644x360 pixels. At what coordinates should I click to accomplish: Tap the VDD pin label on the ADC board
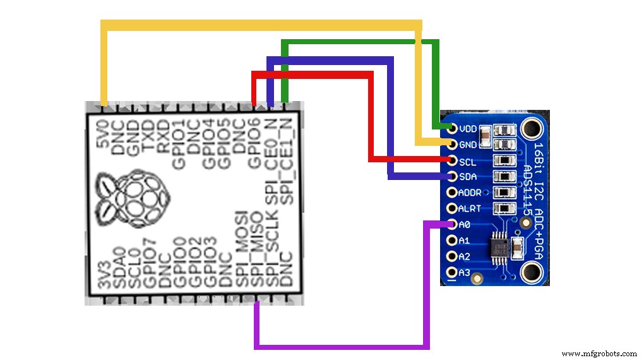468,129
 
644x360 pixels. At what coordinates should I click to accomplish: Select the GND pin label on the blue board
468,145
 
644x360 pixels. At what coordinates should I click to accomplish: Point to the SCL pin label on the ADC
468,161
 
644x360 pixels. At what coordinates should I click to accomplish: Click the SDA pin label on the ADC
468,177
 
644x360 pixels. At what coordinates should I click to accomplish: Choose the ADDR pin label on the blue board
470,193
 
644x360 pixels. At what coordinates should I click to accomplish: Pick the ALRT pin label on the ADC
470,208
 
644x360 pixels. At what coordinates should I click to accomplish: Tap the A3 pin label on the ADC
464,273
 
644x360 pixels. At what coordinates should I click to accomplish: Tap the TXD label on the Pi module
148,134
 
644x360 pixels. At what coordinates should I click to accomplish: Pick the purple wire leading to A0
341,346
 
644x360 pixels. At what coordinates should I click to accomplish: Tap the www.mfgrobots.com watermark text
599,354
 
